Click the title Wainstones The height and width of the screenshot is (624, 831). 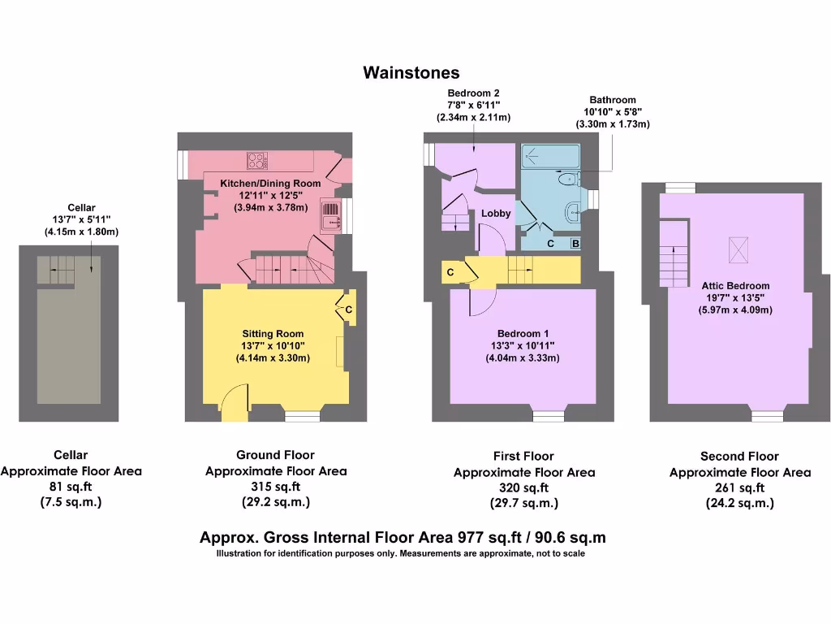coord(411,72)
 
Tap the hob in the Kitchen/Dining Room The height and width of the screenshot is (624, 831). coord(257,160)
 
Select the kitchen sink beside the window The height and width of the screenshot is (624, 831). coord(331,215)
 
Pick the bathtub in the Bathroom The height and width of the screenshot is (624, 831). coord(551,157)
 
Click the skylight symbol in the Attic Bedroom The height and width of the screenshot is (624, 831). coord(738,250)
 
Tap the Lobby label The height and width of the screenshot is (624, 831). coord(496,214)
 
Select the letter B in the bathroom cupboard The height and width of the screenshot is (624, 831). coord(575,244)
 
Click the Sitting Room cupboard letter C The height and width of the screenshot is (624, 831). coord(349,310)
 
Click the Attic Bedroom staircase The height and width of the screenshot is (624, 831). coord(674,253)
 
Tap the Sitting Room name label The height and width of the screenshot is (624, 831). coord(273,334)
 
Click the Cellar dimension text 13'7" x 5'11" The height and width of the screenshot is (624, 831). coord(82,219)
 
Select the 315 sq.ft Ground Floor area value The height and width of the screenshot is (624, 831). coord(276,487)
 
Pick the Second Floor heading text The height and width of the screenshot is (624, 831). coord(739,457)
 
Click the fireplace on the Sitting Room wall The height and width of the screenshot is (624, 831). coord(340,351)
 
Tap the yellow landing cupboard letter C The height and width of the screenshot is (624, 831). coord(450,272)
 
